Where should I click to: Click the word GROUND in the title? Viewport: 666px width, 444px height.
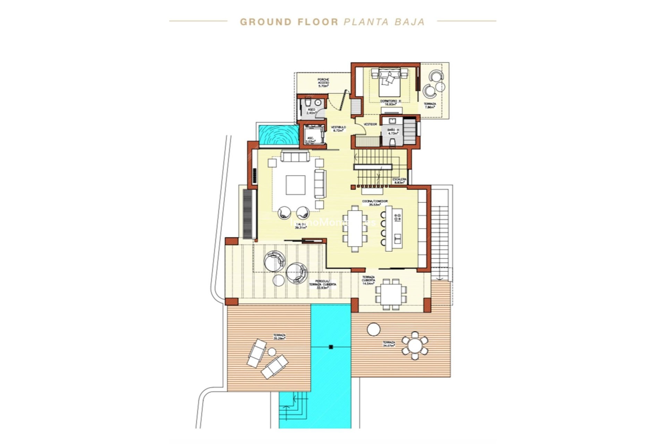tap(266, 22)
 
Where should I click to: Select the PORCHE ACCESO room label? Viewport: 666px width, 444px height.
tap(323, 83)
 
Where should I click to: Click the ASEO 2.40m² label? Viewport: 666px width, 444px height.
tap(311, 111)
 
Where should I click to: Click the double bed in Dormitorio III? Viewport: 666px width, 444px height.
tap(389, 83)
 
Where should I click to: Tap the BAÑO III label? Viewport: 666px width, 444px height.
tap(393, 131)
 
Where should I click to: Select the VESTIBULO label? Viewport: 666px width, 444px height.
tap(338, 129)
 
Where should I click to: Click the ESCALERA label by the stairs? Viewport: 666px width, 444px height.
tap(399, 180)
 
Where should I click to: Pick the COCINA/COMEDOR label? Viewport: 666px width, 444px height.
tap(375, 203)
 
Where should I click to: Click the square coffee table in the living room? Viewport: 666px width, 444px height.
tap(296, 185)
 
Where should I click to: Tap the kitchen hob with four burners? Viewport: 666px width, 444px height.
tap(398, 218)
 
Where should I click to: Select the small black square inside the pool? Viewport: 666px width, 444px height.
tap(331, 347)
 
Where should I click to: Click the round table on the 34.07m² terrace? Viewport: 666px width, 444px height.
tap(415, 345)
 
